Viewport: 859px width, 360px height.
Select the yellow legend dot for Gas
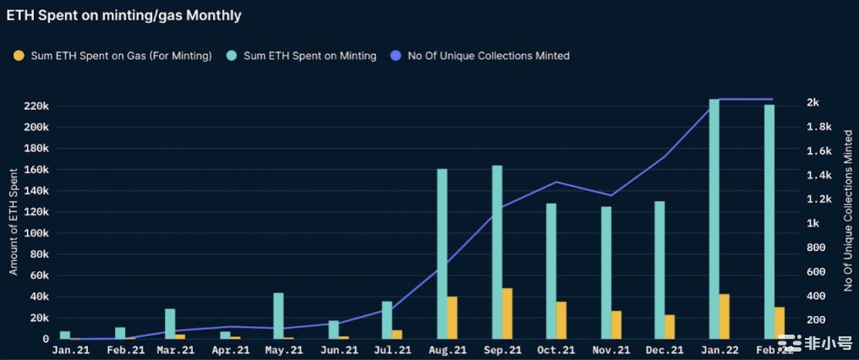[x=19, y=56]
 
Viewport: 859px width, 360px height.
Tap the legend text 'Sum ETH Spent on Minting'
[x=309, y=56]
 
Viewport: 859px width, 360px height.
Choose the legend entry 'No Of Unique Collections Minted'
[x=488, y=56]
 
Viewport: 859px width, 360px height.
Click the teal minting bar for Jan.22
[x=714, y=220]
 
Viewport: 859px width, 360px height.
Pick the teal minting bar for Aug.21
[x=442, y=254]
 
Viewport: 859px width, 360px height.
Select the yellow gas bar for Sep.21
[x=507, y=314]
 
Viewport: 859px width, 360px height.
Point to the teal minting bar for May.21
[x=278, y=315]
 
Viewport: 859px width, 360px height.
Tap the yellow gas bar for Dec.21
[x=670, y=327]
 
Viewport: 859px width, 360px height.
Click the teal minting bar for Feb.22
[x=769, y=221]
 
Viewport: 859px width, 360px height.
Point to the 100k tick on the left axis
[x=37, y=232]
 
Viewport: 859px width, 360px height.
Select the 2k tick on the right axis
[x=812, y=102]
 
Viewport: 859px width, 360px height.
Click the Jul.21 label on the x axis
[x=392, y=349]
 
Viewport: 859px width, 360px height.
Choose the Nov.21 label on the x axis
[x=610, y=349]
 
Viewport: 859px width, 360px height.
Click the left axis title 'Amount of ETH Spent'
[x=14, y=221]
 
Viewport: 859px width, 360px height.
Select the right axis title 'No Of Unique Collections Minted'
[x=848, y=211]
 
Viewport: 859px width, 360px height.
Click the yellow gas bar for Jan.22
[x=725, y=316]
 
